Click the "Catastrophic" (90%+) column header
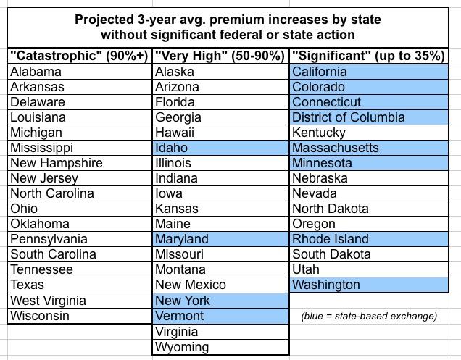tap(80, 56)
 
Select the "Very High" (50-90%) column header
tap(220, 56)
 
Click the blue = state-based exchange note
tap(368, 316)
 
